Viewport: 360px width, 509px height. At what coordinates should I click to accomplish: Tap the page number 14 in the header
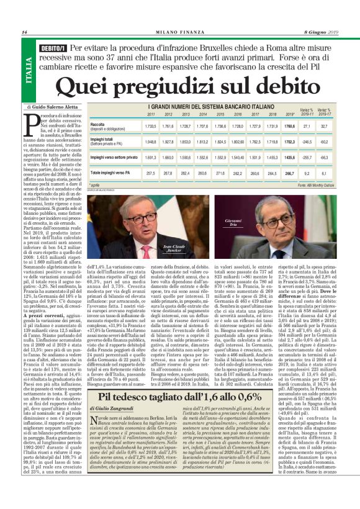click(24, 32)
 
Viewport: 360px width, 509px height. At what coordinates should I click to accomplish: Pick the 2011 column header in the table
click(151, 114)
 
